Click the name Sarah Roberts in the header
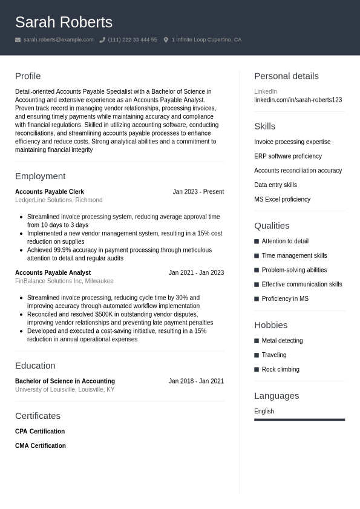(64, 22)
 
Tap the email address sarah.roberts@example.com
(58, 40)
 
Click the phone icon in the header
(102, 40)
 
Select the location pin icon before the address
(166, 40)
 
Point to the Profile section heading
(28, 76)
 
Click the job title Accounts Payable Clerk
(50, 192)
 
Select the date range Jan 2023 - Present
(198, 192)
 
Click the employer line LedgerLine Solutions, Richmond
(59, 200)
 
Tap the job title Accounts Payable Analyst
(53, 273)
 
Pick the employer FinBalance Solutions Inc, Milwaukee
(64, 281)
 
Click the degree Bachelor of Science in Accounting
(65, 381)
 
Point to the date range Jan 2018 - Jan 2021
(196, 381)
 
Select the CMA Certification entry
(41, 446)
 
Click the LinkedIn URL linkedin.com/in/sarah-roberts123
(298, 100)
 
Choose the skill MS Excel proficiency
(282, 199)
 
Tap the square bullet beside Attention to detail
(257, 241)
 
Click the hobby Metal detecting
(282, 341)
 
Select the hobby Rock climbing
(280, 370)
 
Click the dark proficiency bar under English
(299, 419)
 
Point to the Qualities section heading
(272, 226)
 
